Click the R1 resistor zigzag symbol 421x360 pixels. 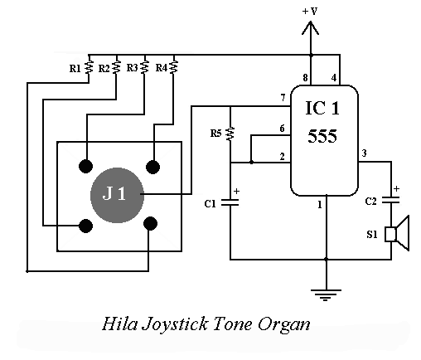click(x=89, y=67)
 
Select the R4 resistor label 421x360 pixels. click(x=162, y=67)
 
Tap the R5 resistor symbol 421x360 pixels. click(x=230, y=134)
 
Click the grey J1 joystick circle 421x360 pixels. click(x=117, y=195)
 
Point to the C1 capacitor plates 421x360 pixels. click(x=230, y=202)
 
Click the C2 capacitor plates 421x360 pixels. click(x=391, y=200)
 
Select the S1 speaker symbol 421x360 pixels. click(x=397, y=234)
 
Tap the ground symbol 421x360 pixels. click(x=326, y=295)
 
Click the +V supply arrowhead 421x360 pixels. click(x=311, y=28)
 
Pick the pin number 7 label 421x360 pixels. click(x=283, y=98)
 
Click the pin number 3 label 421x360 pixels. click(x=365, y=153)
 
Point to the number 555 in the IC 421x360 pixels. click(x=322, y=136)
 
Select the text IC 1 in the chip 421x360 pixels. click(x=322, y=108)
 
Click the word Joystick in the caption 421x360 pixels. click(x=175, y=324)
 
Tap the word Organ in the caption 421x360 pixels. click(x=284, y=325)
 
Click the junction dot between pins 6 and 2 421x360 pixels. click(x=251, y=162)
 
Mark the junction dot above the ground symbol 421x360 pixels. click(x=327, y=260)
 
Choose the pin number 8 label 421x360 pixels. click(x=305, y=78)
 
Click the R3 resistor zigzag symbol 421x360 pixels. click(x=144, y=67)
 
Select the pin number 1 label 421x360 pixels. click(x=320, y=205)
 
